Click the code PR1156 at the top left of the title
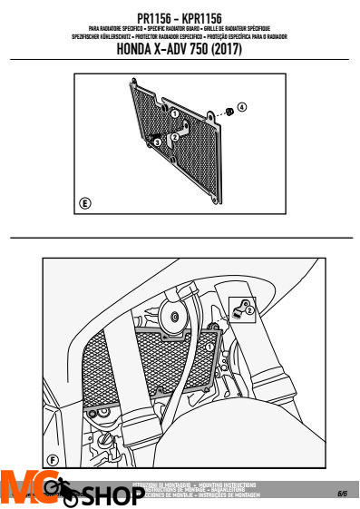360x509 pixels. pyautogui.click(x=154, y=17)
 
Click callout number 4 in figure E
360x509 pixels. pyautogui.click(x=241, y=107)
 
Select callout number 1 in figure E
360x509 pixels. pyautogui.click(x=174, y=114)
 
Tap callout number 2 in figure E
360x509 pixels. pyautogui.click(x=174, y=136)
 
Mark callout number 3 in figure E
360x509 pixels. pyautogui.click(x=158, y=142)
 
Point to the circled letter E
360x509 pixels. pyautogui.click(x=84, y=201)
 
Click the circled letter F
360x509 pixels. pyautogui.click(x=54, y=460)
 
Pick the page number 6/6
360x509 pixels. pyautogui.click(x=342, y=494)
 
